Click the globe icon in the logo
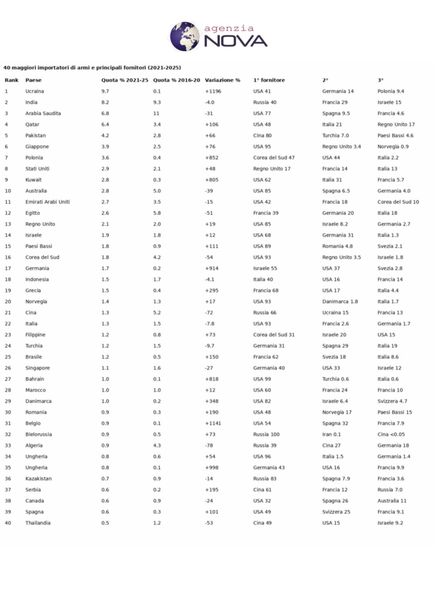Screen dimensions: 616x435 coord(184,36)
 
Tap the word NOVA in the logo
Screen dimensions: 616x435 coord(235,41)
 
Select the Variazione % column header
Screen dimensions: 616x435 coord(222,80)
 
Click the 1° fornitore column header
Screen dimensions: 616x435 coord(269,80)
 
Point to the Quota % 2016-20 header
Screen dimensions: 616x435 coord(177,80)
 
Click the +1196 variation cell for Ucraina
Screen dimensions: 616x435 coord(213,91)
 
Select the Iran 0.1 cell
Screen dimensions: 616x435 coord(331,434)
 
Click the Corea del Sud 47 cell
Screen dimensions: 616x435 coord(274,158)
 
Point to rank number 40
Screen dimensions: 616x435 coord(7,523)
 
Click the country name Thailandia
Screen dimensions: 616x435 coord(38,523)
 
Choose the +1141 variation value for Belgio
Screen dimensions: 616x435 coord(213,423)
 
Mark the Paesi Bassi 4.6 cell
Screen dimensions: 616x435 coord(395,135)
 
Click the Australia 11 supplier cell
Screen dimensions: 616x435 coord(392,500)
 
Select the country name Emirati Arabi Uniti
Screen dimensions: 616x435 coord(47,202)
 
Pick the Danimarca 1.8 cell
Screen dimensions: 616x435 coord(340,301)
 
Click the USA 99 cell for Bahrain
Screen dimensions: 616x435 coord(262,379)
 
